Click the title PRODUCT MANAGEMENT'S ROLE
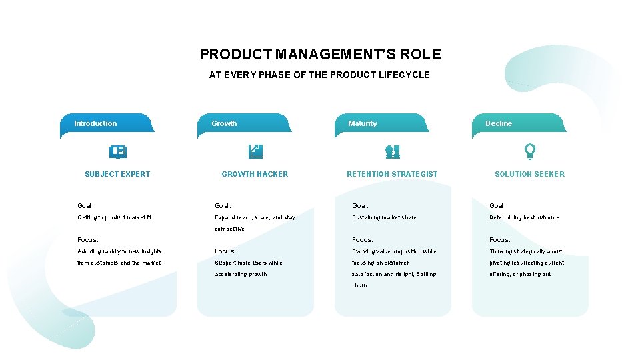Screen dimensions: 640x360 [320, 54]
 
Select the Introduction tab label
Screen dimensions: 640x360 [95, 123]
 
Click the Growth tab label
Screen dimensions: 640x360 [224, 123]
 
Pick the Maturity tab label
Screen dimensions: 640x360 [362, 123]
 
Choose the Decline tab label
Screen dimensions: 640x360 [499, 123]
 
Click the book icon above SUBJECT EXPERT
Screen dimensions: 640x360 [118, 152]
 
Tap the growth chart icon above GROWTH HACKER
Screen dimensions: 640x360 [255, 152]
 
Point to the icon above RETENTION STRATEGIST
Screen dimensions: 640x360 [393, 152]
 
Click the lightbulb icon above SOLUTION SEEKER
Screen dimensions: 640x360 [530, 152]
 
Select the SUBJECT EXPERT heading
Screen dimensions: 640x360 [117, 174]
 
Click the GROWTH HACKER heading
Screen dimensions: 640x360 [255, 174]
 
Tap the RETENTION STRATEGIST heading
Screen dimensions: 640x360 [392, 174]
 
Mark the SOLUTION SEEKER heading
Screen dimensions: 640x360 [529, 174]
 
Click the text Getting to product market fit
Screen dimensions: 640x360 [115, 217]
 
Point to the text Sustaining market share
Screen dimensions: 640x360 [384, 217]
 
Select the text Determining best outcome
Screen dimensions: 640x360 [524, 217]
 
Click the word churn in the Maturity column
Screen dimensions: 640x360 [359, 285]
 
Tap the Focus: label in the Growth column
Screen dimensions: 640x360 [225, 251]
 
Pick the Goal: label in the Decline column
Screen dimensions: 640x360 [497, 206]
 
